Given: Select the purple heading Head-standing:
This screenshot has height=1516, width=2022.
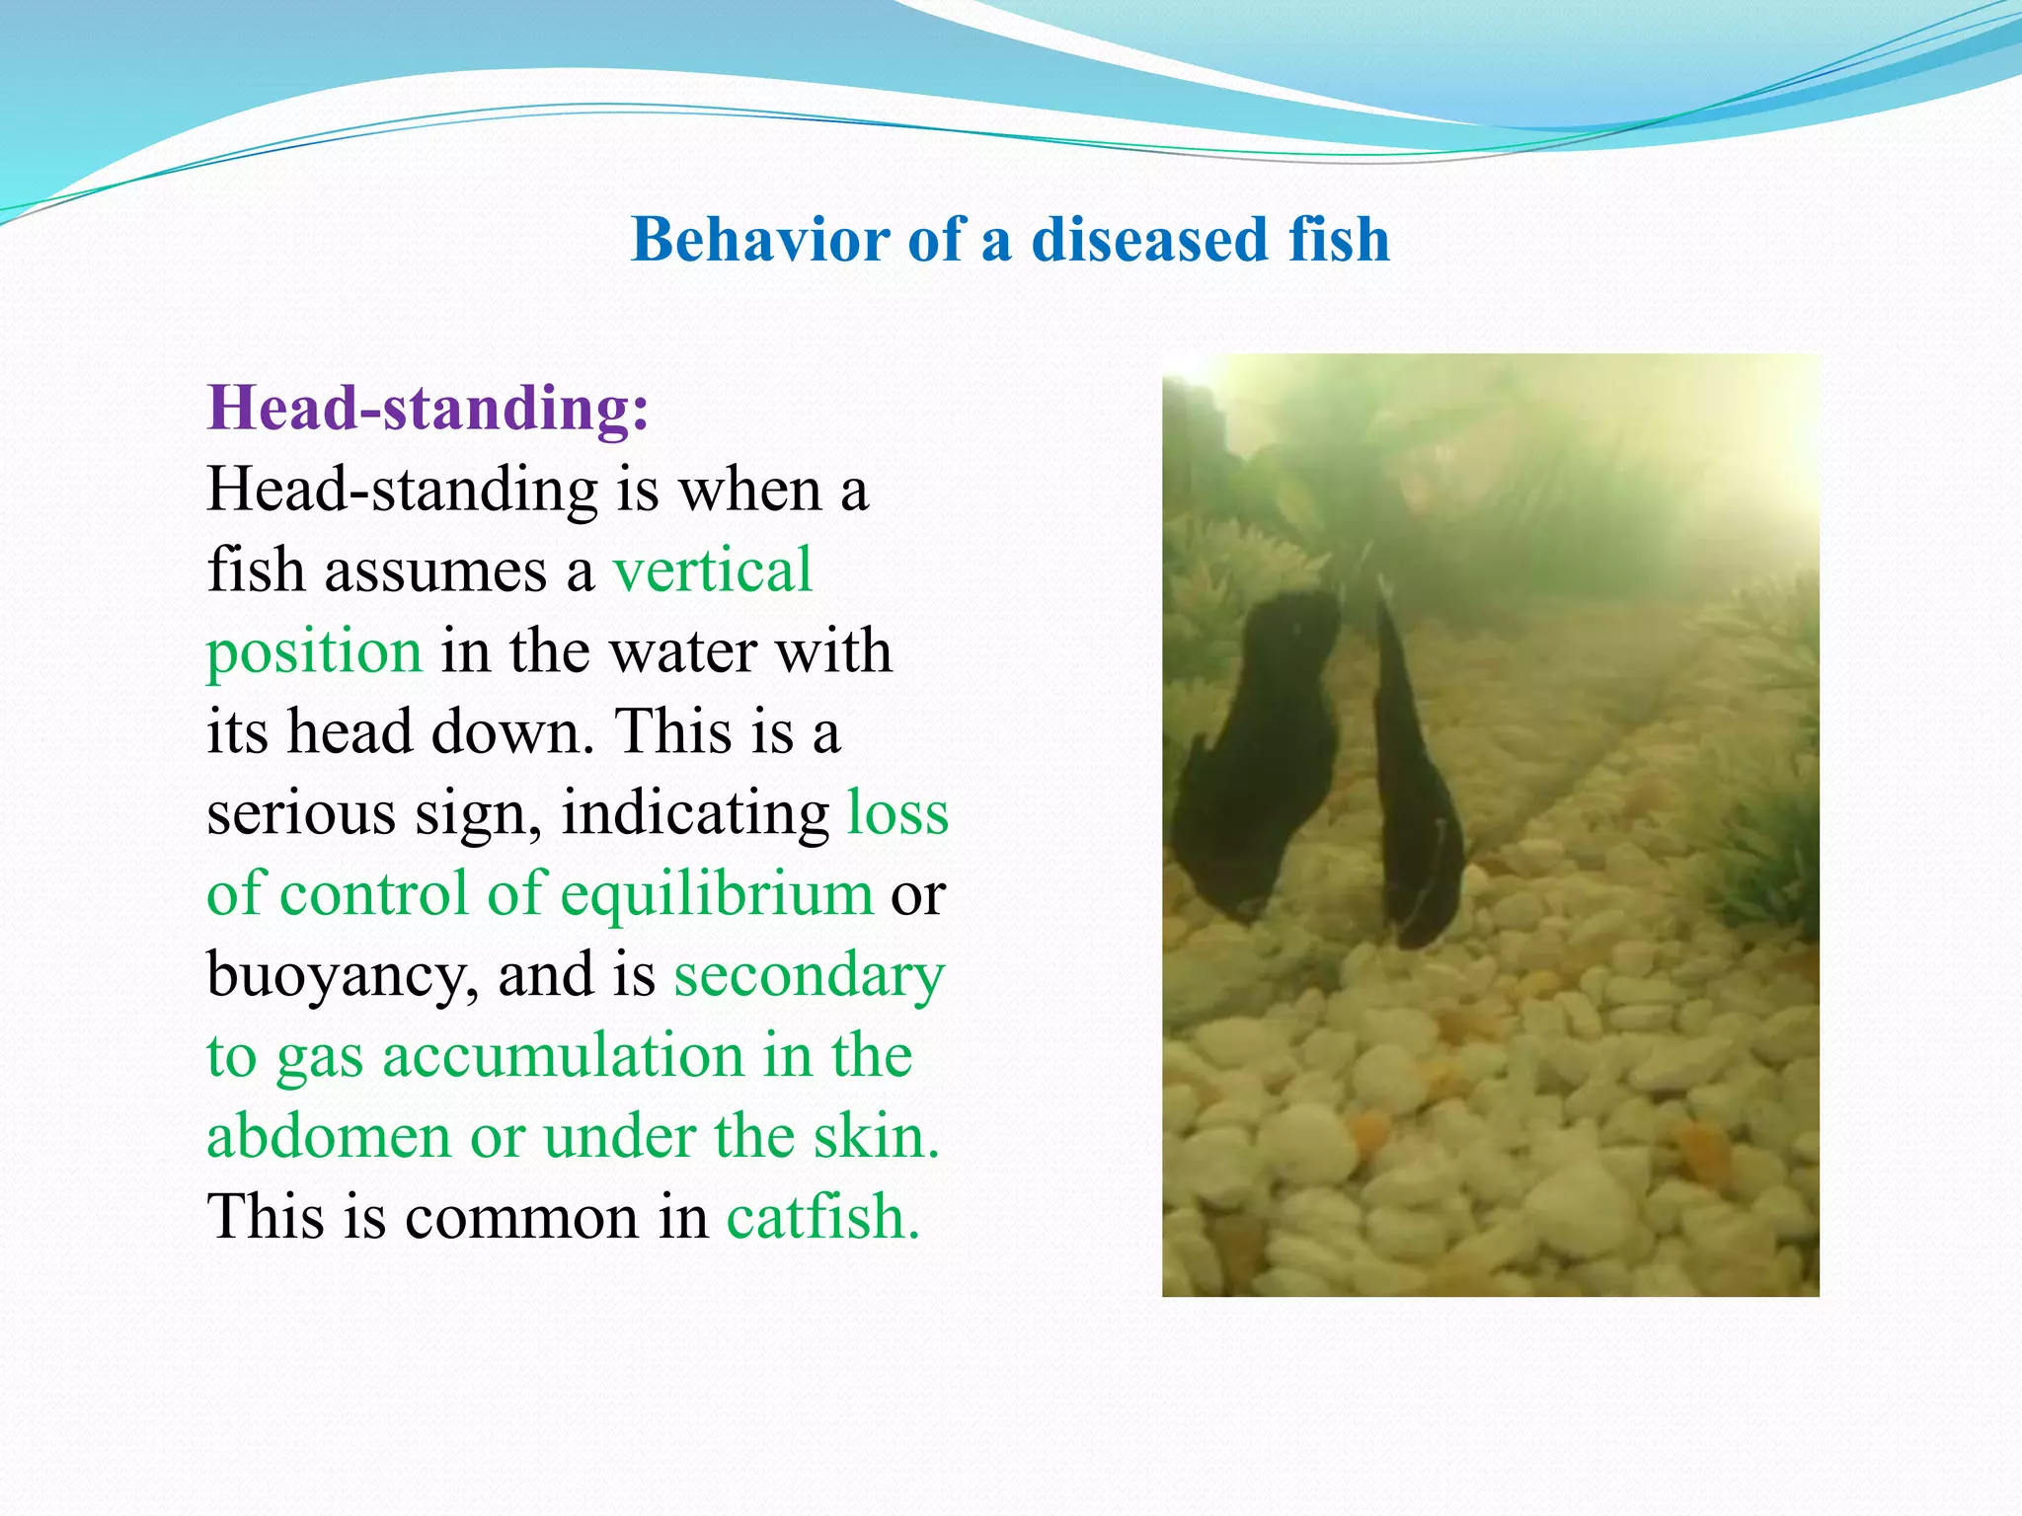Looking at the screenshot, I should point(428,408).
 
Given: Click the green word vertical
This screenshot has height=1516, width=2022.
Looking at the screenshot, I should point(712,569).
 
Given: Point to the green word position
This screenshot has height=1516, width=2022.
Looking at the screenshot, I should point(314,651).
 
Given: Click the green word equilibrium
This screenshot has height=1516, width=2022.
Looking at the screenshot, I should point(717,893).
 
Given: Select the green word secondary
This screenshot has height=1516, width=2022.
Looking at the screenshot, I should point(809,974).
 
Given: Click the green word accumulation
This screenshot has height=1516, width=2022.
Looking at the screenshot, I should point(563,1055).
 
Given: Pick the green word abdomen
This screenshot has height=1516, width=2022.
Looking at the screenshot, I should point(328,1136).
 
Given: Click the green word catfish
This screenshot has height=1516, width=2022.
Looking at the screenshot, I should point(822,1217).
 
